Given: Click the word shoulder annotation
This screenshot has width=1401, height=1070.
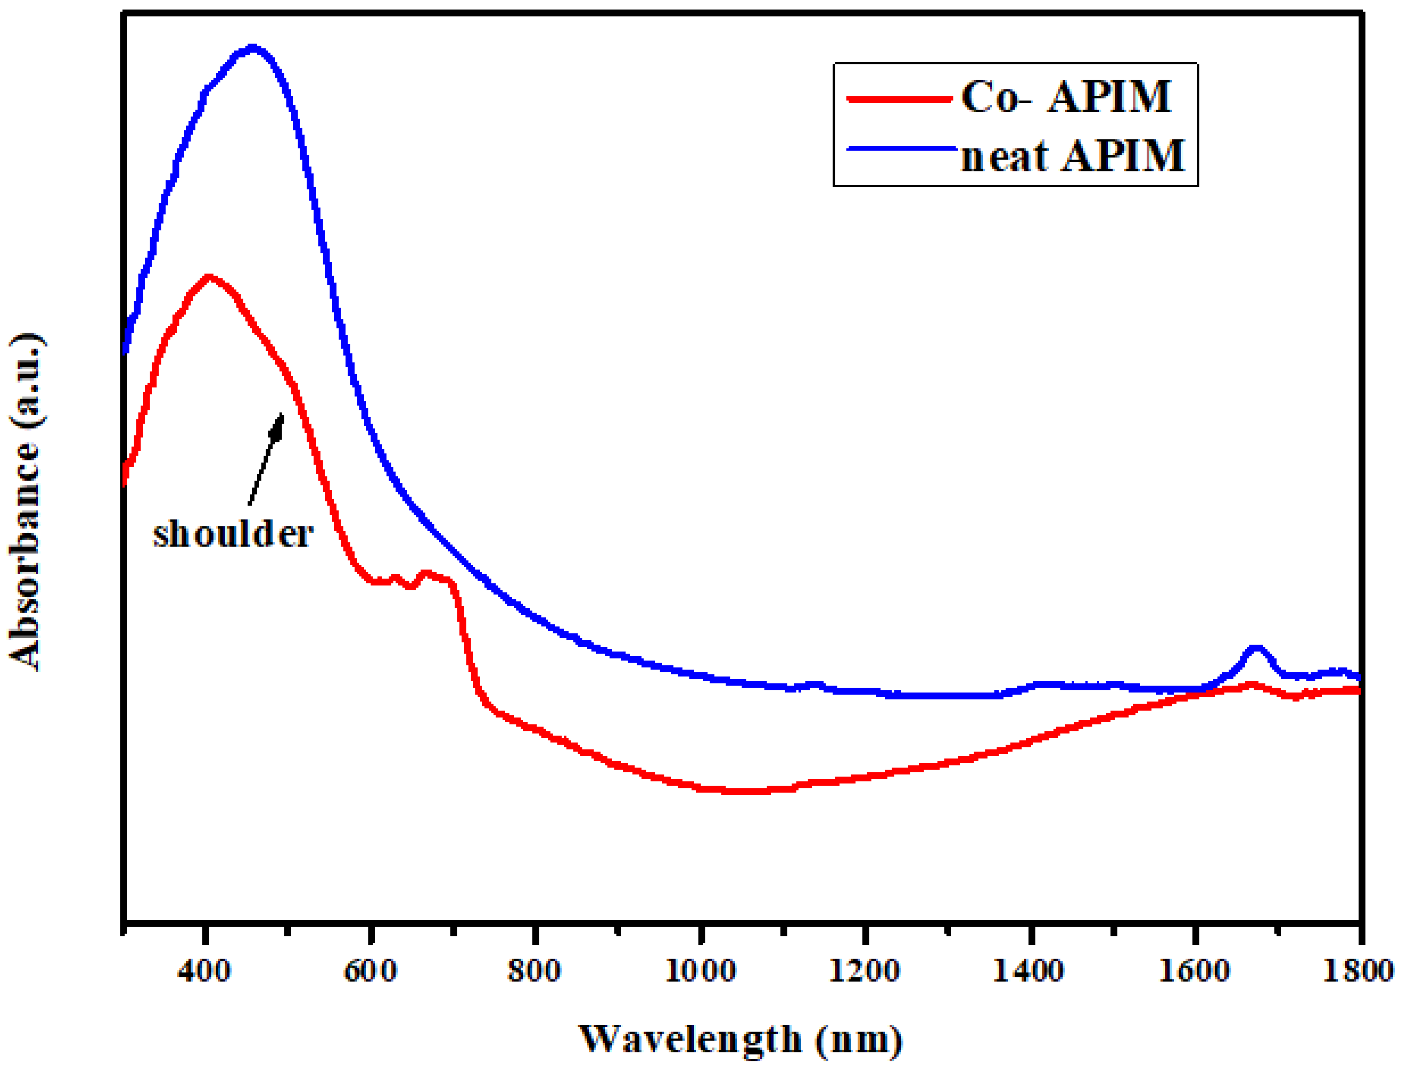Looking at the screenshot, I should pos(233,534).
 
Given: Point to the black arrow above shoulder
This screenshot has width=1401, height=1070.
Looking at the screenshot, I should pos(266,459).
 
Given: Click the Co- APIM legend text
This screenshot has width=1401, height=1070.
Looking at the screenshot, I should pos(1065,97).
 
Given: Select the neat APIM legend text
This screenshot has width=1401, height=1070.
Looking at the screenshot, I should pos(1072,156).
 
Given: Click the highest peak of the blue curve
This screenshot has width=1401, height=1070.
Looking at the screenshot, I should pos(253,48).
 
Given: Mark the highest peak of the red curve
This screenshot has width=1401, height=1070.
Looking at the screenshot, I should pos(208,277).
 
